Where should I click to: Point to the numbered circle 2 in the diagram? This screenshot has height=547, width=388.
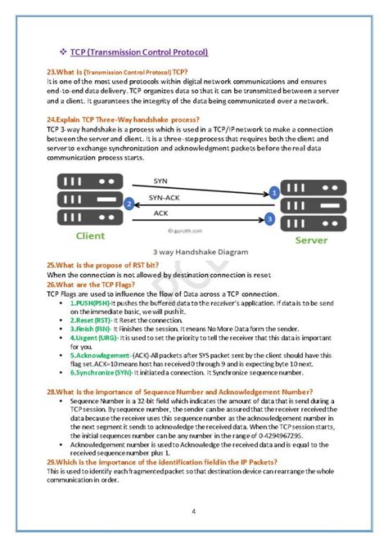[128, 204]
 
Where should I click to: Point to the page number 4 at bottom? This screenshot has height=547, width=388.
[193, 512]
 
